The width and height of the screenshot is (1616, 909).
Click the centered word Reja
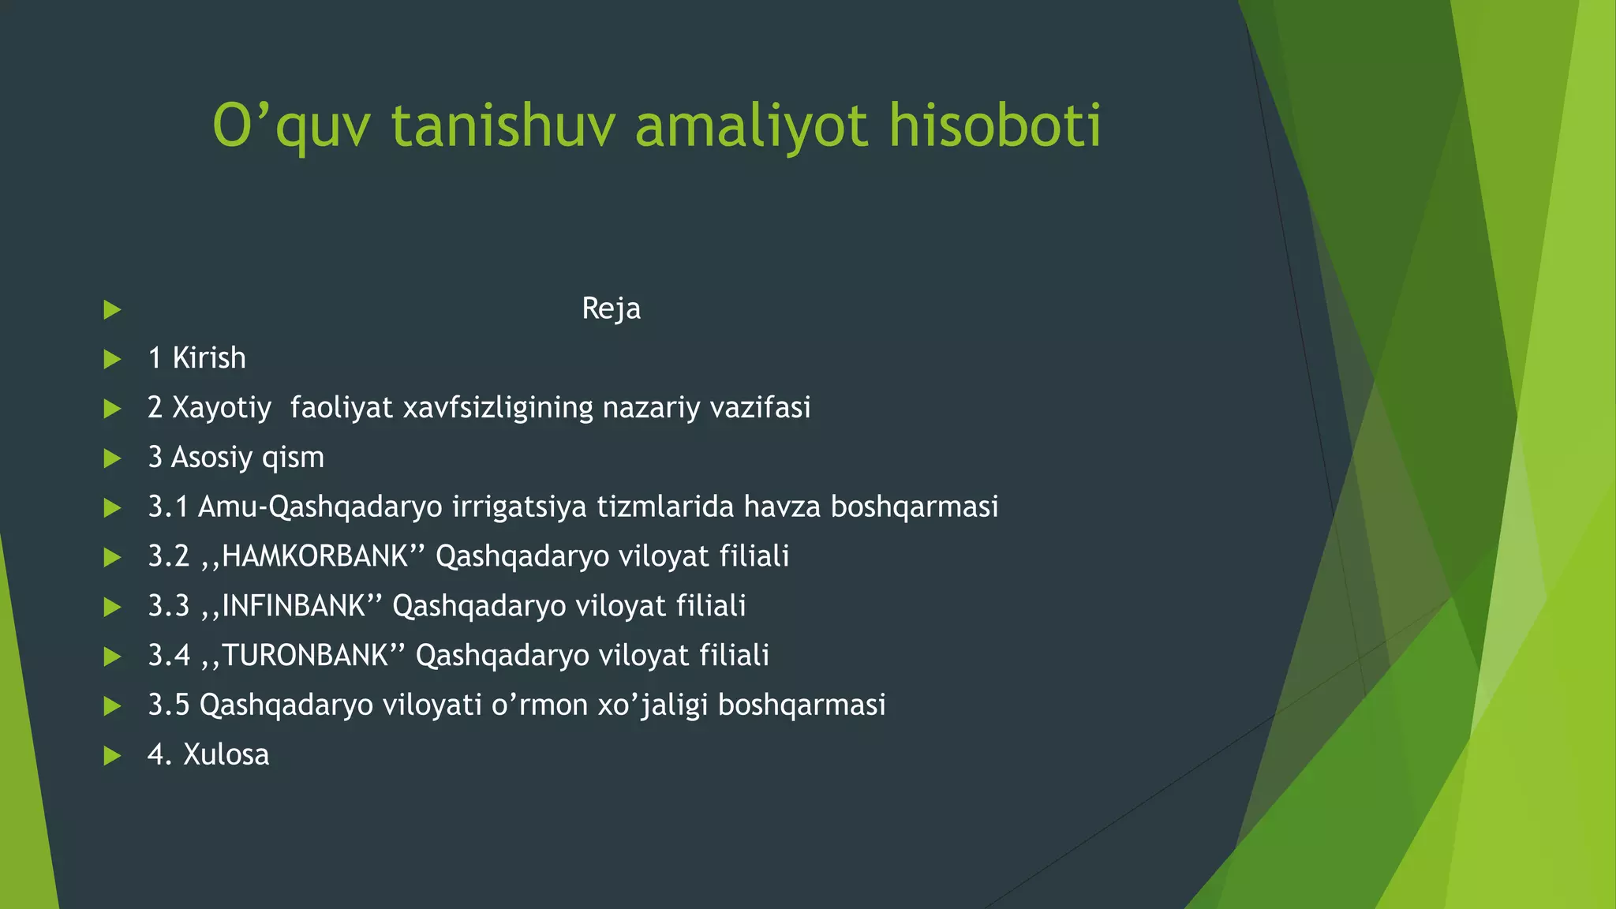pos(611,309)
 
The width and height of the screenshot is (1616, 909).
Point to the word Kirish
pos(209,358)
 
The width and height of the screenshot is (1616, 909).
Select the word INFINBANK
pos(294,606)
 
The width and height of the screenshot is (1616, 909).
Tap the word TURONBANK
pos(305,656)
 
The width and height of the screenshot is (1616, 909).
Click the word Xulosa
pos(226,755)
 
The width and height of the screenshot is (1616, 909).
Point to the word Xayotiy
pos(222,409)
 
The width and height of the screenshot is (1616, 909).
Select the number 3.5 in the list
pos(169,705)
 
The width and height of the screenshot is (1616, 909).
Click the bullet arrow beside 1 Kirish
pos(112,359)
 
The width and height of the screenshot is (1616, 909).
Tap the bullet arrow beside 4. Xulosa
pos(112,756)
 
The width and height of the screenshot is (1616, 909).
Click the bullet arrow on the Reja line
pos(112,309)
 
